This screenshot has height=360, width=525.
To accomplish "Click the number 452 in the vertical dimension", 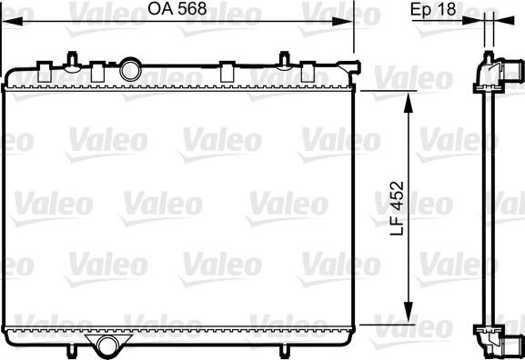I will point(389,194).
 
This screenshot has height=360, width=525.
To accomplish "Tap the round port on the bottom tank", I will point(108,345).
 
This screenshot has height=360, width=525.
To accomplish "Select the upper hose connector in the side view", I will point(511,70).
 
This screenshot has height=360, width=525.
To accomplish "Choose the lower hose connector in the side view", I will point(511,344).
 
